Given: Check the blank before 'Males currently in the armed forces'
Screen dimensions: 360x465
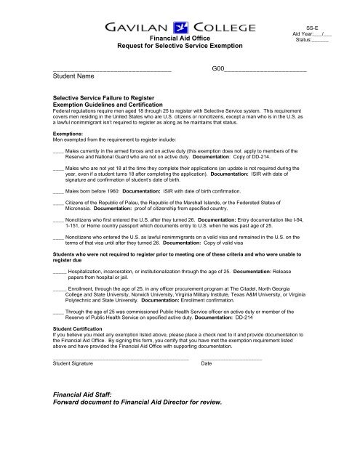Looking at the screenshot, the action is (x=58, y=148).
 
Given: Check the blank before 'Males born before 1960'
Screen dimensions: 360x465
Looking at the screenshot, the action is (x=58, y=191).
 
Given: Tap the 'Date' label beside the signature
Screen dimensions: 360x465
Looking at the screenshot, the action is (x=207, y=363).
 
